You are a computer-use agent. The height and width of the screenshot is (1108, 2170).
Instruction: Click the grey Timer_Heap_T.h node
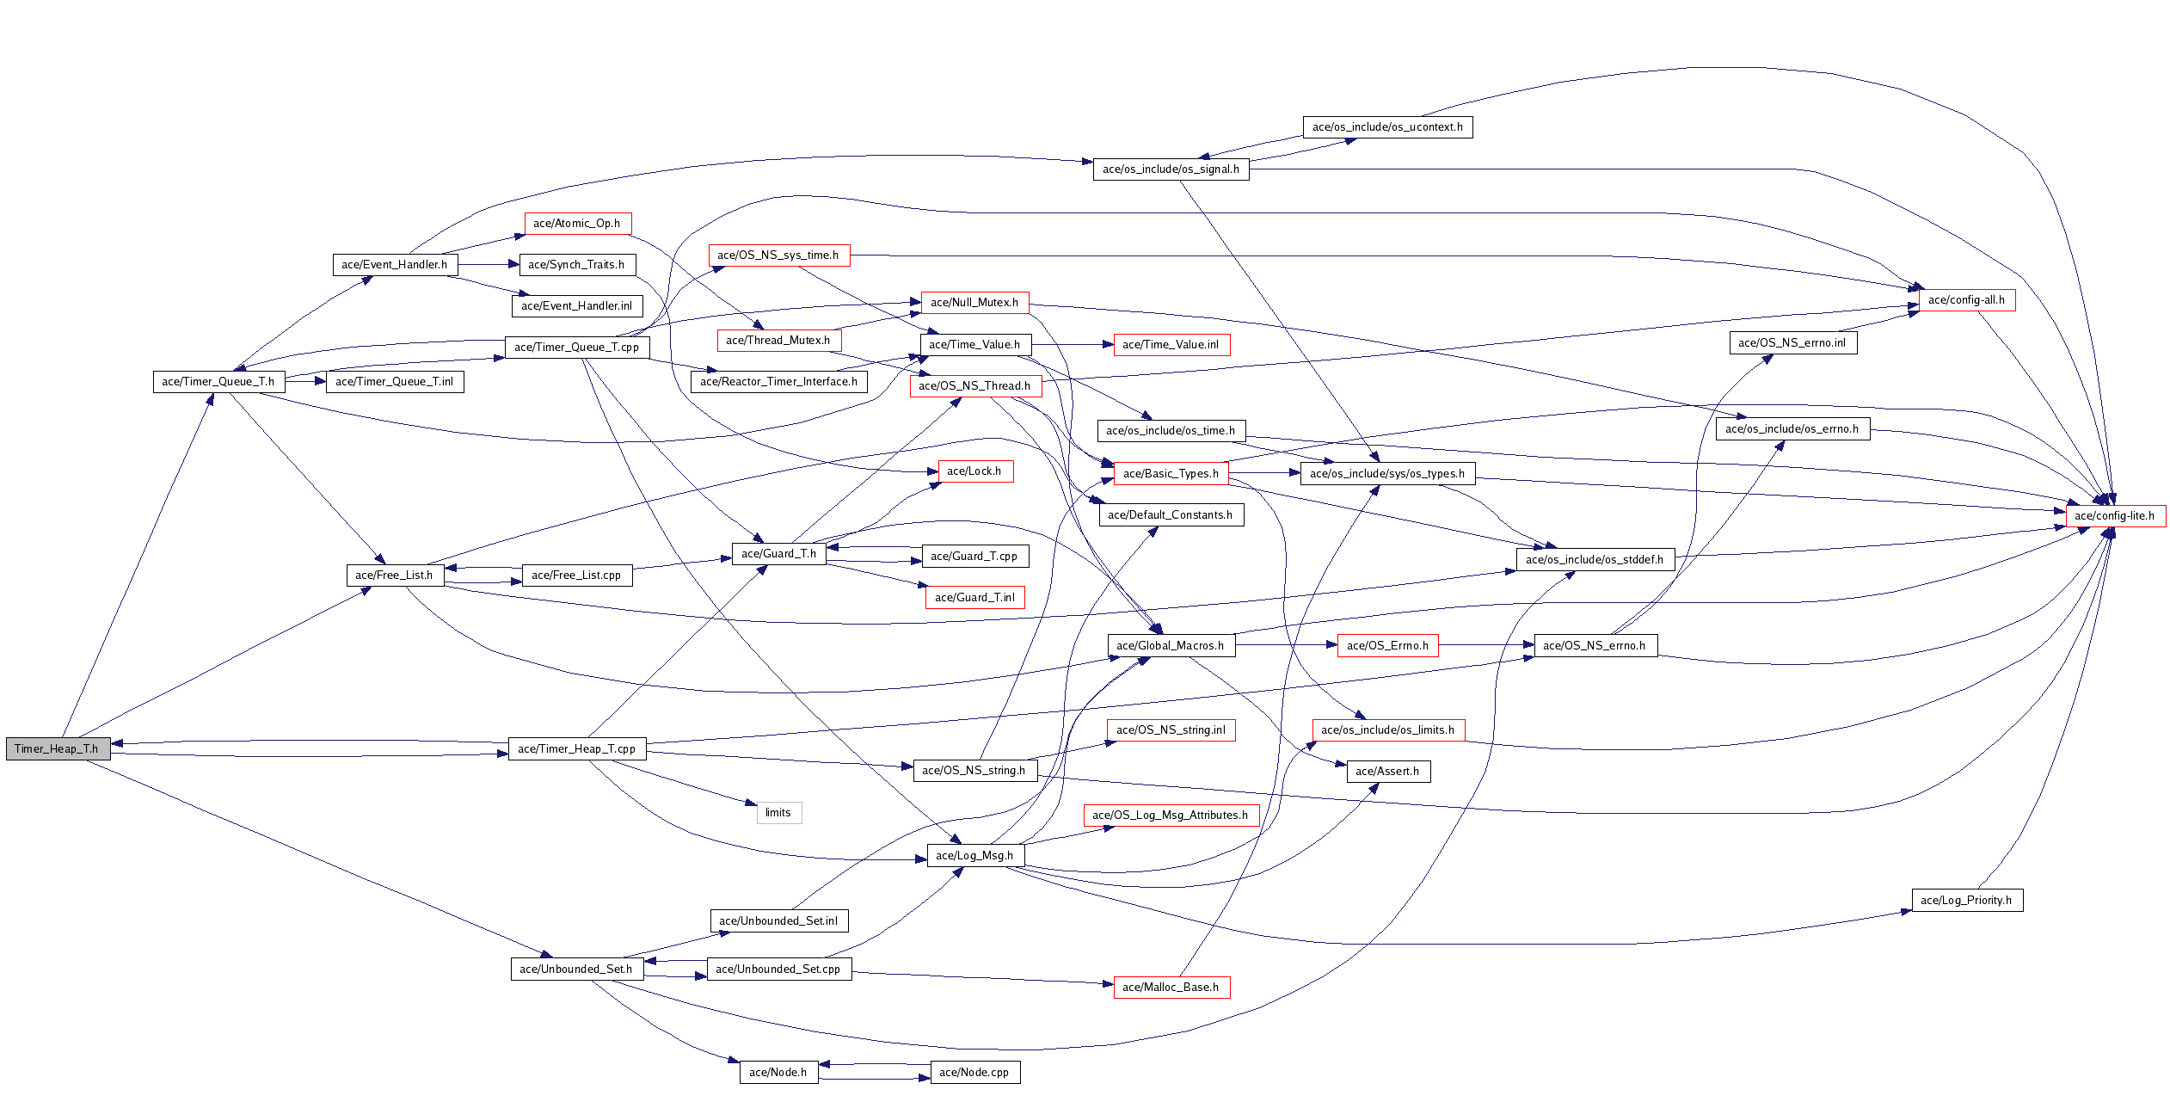tap(58, 748)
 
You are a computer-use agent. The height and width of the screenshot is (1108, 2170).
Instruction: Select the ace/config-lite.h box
tap(2115, 516)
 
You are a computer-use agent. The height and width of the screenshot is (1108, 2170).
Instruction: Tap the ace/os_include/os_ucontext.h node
tap(1386, 127)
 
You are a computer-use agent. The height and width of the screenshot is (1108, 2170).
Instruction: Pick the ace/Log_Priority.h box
tap(1966, 901)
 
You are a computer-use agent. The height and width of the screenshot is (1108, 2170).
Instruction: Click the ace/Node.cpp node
tap(974, 1073)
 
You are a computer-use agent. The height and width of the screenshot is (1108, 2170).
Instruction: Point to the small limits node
tap(778, 813)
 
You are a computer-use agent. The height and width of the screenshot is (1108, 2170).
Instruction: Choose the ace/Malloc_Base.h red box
tap(1171, 988)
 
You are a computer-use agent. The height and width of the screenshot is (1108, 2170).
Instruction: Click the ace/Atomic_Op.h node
tap(577, 224)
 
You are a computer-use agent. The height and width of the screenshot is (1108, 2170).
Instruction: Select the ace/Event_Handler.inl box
tap(576, 306)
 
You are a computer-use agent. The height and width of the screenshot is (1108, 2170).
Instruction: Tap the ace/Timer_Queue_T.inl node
tap(394, 382)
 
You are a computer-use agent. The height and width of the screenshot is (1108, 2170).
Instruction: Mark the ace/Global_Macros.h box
tap(1171, 646)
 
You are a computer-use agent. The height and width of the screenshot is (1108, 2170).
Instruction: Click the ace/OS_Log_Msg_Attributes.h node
tap(1171, 816)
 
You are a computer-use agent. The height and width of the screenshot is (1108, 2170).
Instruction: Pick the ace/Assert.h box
tap(1387, 772)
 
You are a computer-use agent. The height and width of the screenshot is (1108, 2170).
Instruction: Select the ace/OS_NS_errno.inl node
tap(1792, 343)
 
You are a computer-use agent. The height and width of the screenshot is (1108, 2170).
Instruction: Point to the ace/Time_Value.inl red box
tap(1171, 345)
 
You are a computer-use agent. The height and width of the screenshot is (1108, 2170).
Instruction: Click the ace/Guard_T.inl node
tap(974, 598)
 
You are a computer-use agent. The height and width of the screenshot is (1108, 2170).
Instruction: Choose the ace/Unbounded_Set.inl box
tap(778, 921)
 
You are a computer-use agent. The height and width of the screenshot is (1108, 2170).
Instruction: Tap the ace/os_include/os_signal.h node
tap(1171, 169)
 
